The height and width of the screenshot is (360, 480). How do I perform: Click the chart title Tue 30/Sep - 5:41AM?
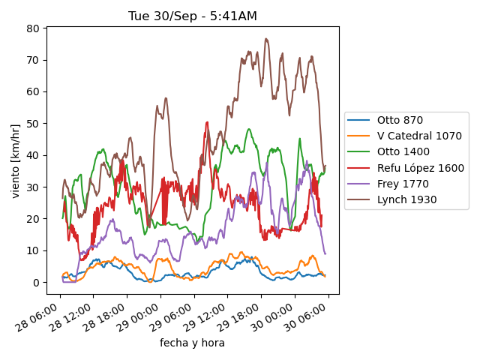193,16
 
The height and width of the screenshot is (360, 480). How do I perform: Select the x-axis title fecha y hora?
192,343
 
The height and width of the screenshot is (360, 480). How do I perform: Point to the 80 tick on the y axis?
34,28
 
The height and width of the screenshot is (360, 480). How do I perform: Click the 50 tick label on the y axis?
34,124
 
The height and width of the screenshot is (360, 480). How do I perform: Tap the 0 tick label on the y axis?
36,283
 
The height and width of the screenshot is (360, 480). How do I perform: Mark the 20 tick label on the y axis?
34,219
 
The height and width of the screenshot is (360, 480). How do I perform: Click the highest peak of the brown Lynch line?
266,38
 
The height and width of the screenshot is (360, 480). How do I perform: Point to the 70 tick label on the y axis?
34,60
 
